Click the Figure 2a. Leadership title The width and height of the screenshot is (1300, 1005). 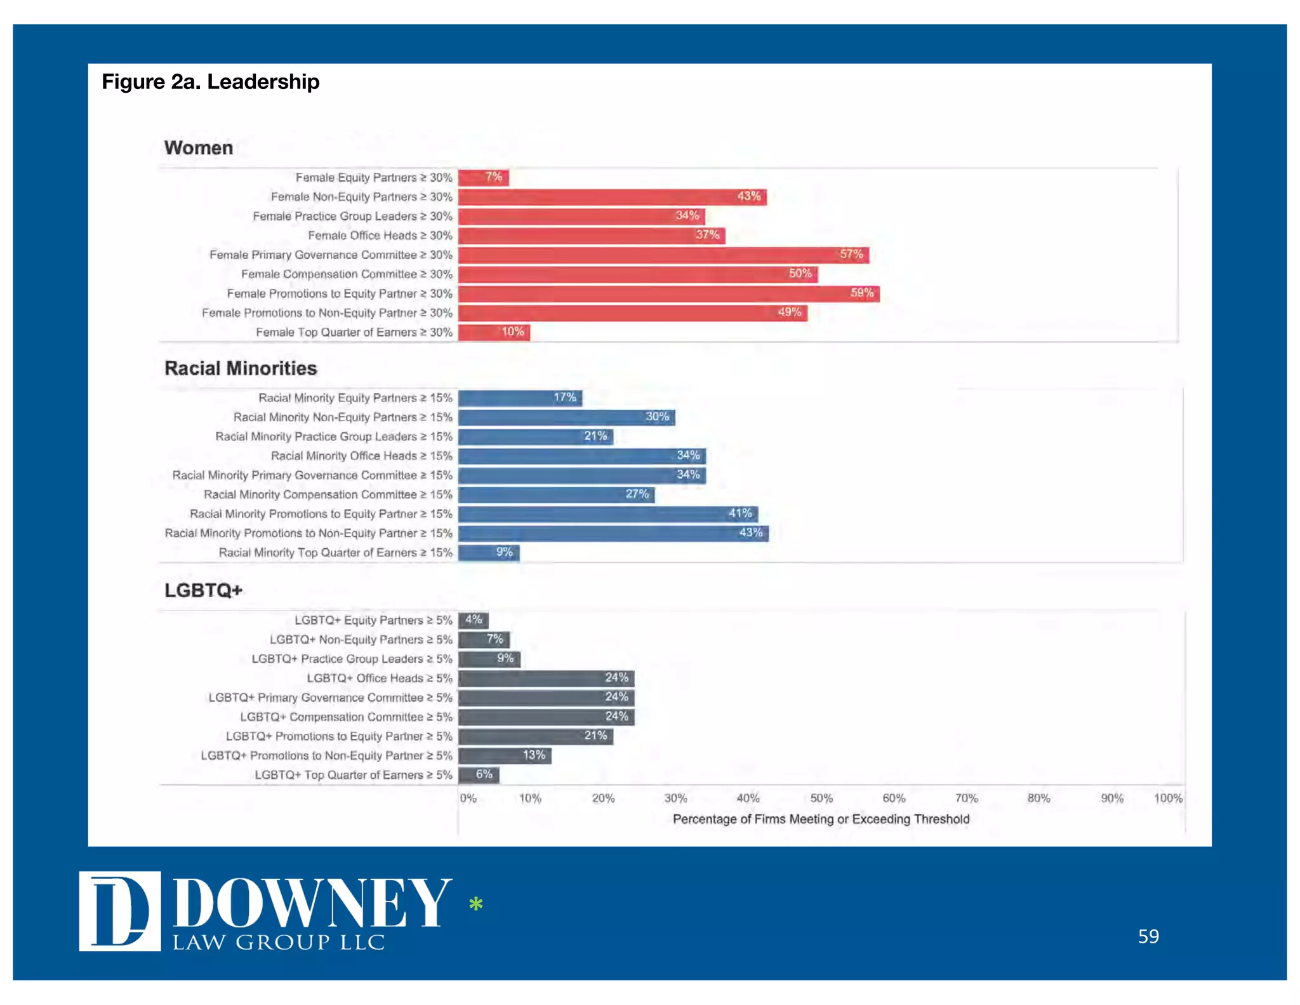(x=210, y=82)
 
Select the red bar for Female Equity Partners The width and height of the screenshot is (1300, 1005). (x=483, y=177)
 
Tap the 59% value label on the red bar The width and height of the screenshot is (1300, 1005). (x=861, y=293)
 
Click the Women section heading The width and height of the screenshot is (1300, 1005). (x=198, y=148)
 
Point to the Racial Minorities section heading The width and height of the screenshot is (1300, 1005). (x=241, y=368)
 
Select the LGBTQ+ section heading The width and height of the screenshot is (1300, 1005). (x=203, y=590)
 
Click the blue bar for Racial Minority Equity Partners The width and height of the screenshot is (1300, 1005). (x=519, y=398)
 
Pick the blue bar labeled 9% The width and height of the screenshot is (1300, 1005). (x=488, y=552)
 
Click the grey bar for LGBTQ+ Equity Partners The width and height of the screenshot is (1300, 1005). (x=473, y=619)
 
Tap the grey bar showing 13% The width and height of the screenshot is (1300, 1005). (x=505, y=755)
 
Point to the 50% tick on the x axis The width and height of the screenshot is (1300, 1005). (x=821, y=799)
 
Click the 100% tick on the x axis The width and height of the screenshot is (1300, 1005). (x=1168, y=799)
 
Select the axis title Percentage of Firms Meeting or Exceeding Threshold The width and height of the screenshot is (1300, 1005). (x=820, y=819)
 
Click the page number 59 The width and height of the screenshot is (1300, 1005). (x=1148, y=936)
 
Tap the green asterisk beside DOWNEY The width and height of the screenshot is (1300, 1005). (x=475, y=903)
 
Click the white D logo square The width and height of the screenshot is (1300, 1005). (x=119, y=911)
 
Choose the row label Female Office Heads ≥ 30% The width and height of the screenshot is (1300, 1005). (x=380, y=236)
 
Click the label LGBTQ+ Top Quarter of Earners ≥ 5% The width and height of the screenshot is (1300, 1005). (x=353, y=775)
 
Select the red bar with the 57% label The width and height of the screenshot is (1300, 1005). (x=663, y=255)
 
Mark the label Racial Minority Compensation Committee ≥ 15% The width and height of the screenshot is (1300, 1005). (x=328, y=494)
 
